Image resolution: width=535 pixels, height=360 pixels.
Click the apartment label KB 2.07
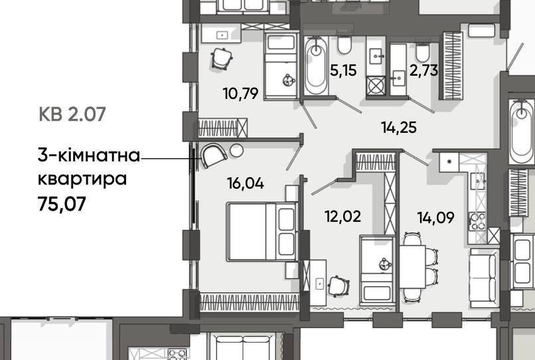click(x=72, y=114)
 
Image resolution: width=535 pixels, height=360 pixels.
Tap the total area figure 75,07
click(x=62, y=205)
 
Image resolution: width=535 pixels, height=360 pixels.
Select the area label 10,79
click(x=240, y=93)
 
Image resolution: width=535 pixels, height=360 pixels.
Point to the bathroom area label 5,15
click(x=343, y=70)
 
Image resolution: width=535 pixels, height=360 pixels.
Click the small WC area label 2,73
click(x=423, y=70)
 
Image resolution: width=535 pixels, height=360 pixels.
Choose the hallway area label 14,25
click(x=399, y=128)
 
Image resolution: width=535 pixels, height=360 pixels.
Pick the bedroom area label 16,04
click(x=246, y=183)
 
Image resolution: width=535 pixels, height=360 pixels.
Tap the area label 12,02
click(x=343, y=217)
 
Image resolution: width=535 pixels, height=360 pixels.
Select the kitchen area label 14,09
click(x=435, y=217)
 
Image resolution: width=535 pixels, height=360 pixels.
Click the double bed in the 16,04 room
click(x=262, y=232)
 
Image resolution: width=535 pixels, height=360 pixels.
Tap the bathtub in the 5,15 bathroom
click(x=317, y=65)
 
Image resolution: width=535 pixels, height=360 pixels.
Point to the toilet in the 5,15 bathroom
click(x=344, y=45)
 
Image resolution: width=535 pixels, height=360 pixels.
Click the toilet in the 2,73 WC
click(x=422, y=52)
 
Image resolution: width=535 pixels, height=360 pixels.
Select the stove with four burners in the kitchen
click(x=477, y=221)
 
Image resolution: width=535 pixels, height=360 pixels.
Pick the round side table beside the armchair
click(x=236, y=150)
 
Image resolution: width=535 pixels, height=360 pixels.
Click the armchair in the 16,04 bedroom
click(x=214, y=155)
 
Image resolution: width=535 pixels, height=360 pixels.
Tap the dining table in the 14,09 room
click(x=412, y=267)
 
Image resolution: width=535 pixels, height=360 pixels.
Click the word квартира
click(x=82, y=179)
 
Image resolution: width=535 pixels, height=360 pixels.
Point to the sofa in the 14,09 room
click(x=484, y=278)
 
